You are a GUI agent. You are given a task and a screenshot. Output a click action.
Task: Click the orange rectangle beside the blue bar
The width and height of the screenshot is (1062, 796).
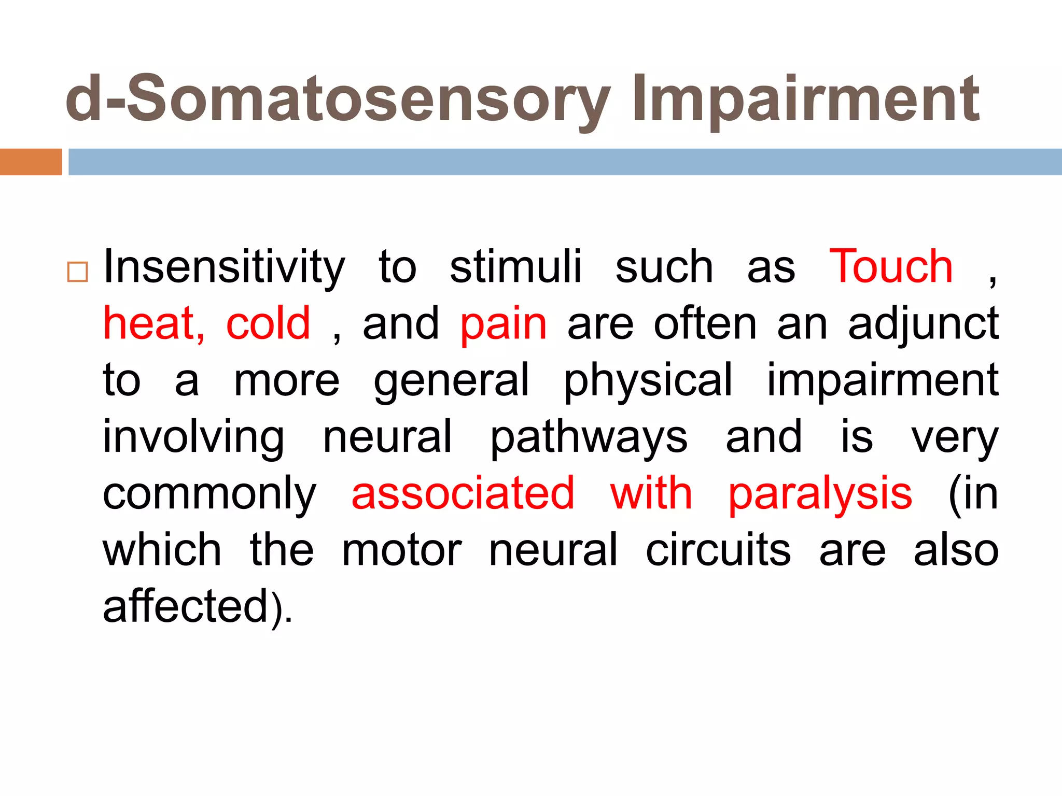pyautogui.click(x=31, y=162)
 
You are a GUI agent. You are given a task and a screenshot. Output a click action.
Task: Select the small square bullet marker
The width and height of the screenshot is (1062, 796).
pyautogui.click(x=78, y=272)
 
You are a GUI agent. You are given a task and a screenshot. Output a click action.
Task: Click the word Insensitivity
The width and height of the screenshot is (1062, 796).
pyautogui.click(x=224, y=267)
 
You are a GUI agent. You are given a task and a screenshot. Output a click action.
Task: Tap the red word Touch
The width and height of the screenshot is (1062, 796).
pyautogui.click(x=891, y=266)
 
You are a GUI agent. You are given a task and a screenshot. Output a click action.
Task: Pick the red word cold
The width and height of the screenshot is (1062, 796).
pyautogui.click(x=268, y=323)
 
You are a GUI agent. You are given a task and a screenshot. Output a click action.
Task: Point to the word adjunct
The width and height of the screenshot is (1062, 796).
pyautogui.click(x=923, y=324)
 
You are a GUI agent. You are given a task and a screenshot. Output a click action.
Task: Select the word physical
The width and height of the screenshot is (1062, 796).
pyautogui.click(x=648, y=381)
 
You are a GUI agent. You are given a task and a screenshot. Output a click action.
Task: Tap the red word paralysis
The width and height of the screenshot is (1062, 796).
pyautogui.click(x=820, y=494)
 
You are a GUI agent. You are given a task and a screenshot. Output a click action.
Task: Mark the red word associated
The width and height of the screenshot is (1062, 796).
pyautogui.click(x=463, y=493)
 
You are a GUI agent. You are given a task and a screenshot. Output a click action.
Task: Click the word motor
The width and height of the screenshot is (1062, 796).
pyautogui.click(x=402, y=550)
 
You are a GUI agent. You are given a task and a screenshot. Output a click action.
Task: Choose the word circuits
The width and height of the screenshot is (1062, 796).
pyautogui.click(x=718, y=550)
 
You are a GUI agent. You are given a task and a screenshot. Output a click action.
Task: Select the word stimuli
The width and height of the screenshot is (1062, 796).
pyautogui.click(x=515, y=267)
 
